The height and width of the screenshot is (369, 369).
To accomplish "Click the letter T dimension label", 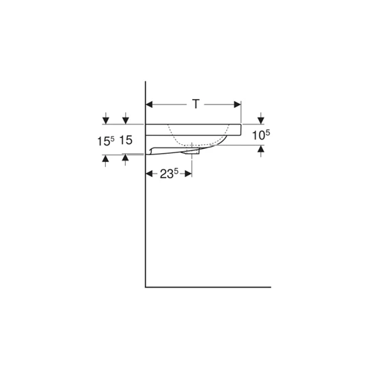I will tap(195, 105).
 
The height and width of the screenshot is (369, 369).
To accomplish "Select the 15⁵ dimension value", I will tap(105, 141).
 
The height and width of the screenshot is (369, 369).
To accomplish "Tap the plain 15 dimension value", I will tap(126, 141).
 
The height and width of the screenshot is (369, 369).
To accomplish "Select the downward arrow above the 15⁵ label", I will tap(105, 120).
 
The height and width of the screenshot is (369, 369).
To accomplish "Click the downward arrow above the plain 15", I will tap(126, 120).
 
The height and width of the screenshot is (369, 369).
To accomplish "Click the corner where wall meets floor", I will tap(146, 287).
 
